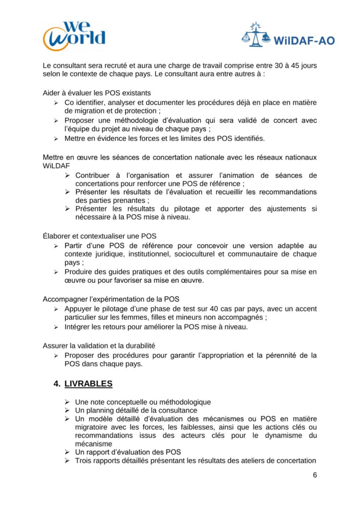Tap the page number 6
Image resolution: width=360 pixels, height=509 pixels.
point(315,474)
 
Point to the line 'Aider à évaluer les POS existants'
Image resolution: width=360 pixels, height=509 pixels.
point(96,92)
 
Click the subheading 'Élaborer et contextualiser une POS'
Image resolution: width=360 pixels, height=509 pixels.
point(99,236)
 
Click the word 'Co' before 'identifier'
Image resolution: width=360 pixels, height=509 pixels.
point(70,102)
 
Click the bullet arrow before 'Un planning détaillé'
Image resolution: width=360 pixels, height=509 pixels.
point(67,411)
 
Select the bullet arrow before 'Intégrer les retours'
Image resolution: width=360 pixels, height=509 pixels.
point(56,327)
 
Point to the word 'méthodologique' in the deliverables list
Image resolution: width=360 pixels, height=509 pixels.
point(185,402)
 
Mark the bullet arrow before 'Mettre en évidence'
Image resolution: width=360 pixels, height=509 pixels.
point(56,138)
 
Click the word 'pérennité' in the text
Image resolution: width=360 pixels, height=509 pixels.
point(285,355)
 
